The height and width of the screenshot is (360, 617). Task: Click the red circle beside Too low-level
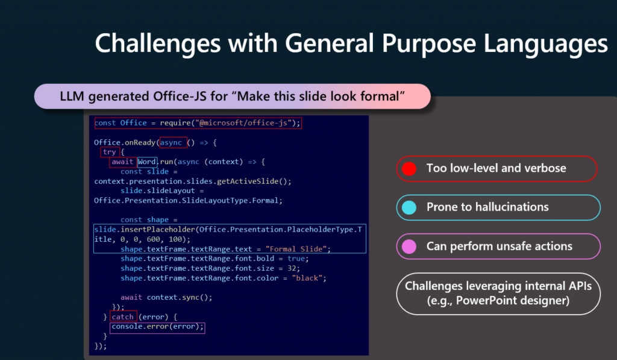click(409, 169)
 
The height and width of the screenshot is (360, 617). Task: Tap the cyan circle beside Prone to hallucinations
click(409, 207)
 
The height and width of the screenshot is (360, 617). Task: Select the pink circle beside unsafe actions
click(409, 247)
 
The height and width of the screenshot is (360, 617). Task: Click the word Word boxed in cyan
click(147, 162)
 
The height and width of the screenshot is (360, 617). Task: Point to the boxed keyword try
click(110, 152)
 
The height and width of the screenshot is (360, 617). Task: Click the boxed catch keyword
click(123, 317)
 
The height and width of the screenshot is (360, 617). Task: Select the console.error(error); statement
click(157, 326)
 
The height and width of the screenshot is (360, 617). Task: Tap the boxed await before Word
click(122, 162)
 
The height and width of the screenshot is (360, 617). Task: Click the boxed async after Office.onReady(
click(171, 142)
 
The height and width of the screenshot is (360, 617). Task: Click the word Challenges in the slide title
click(158, 44)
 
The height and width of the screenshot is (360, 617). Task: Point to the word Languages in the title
click(545, 44)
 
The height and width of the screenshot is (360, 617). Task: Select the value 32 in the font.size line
click(292, 268)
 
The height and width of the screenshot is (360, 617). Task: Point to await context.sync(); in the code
click(166, 297)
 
